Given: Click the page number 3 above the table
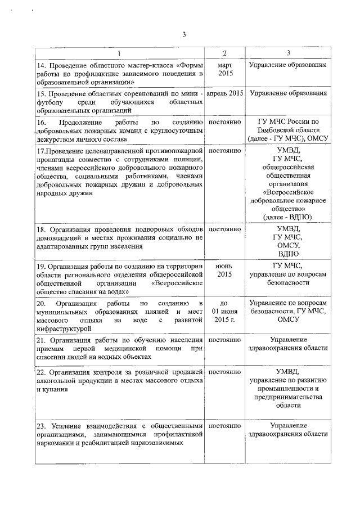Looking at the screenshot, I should click(184, 35).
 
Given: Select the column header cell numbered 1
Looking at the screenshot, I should click(119, 53).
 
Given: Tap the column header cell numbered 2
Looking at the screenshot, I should click(224, 53).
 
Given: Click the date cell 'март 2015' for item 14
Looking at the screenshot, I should click(224, 69).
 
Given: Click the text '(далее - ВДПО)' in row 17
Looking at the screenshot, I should click(287, 217).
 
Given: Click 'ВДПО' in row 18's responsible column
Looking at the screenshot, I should click(287, 254).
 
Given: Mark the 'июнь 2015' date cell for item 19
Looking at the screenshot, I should click(224, 270).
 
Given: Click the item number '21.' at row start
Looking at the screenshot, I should click(40, 340).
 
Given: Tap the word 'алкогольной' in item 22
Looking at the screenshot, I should click(56, 381).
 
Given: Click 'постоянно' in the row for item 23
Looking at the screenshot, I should click(224, 426).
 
